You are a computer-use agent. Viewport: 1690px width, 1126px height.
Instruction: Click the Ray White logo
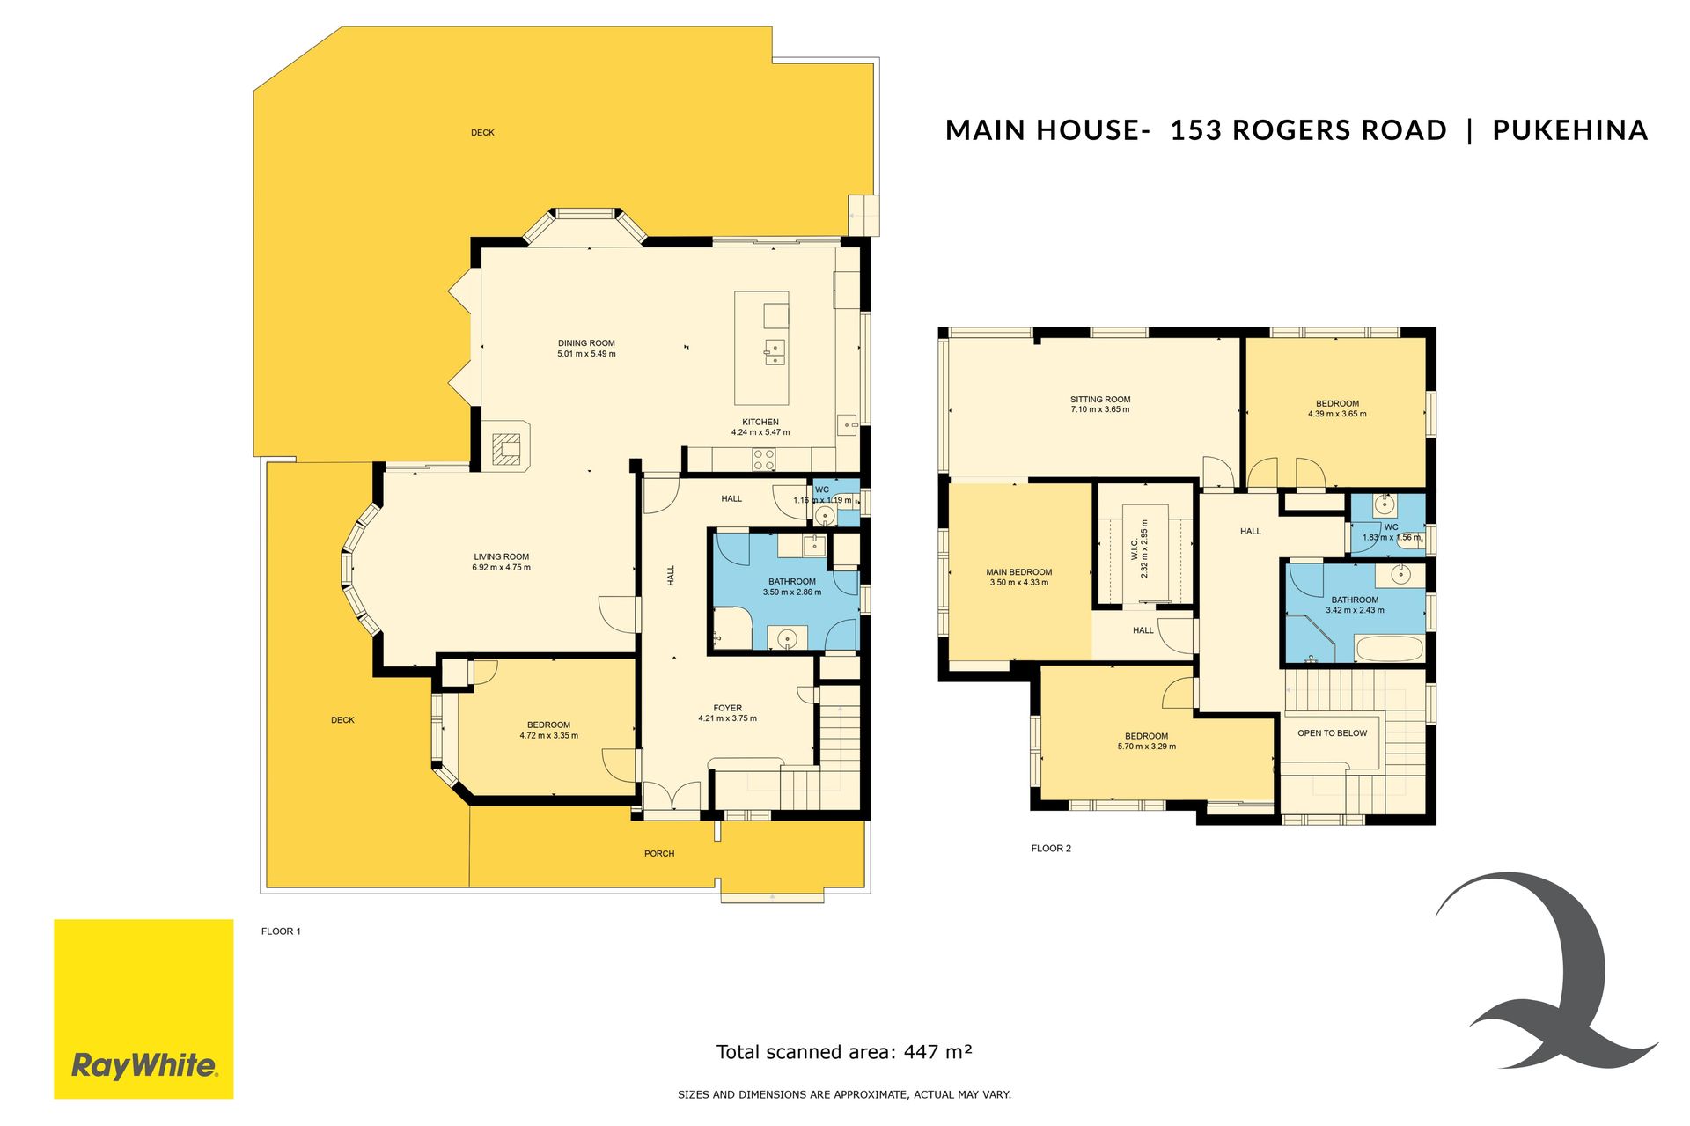tap(143, 1009)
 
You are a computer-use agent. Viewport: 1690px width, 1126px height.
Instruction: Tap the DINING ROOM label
tap(586, 343)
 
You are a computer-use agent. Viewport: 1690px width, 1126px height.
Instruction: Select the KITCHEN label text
tap(760, 422)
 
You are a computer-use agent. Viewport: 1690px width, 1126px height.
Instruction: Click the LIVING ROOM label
tap(502, 556)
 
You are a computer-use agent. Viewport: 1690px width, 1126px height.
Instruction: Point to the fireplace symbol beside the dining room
tap(506, 447)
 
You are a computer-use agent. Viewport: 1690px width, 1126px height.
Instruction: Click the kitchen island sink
tap(774, 352)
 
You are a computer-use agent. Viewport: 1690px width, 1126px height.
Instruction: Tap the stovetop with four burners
tap(763, 459)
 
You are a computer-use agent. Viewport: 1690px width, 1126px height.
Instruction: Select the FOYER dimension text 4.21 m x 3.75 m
tap(727, 718)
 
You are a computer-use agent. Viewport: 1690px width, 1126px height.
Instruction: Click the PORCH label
tap(659, 854)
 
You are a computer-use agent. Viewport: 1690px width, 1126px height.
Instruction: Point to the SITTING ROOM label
tap(1100, 399)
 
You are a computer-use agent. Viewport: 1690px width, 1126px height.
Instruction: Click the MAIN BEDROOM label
tap(1019, 572)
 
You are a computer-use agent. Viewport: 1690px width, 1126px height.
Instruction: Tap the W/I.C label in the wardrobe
tap(1134, 549)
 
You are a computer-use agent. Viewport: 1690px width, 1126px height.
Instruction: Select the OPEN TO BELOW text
tap(1333, 733)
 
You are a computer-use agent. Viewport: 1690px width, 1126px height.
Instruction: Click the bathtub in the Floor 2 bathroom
tap(1389, 650)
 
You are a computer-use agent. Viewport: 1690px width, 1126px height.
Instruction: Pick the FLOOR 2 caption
tap(1051, 849)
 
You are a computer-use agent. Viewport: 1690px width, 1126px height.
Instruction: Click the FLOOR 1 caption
tap(281, 931)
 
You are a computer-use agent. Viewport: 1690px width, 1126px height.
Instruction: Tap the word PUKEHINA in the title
tap(1569, 130)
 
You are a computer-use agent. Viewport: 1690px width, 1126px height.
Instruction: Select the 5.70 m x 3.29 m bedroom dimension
tap(1146, 747)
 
